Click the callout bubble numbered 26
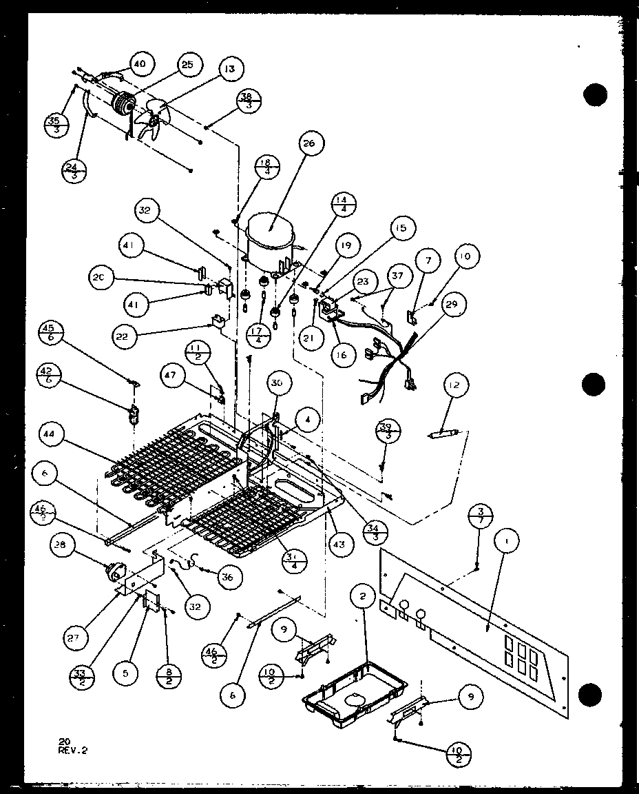(x=307, y=143)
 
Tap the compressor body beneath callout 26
(x=271, y=234)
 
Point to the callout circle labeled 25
(x=187, y=65)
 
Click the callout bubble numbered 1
(x=507, y=542)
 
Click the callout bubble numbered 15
(x=400, y=227)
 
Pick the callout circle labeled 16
(x=342, y=355)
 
